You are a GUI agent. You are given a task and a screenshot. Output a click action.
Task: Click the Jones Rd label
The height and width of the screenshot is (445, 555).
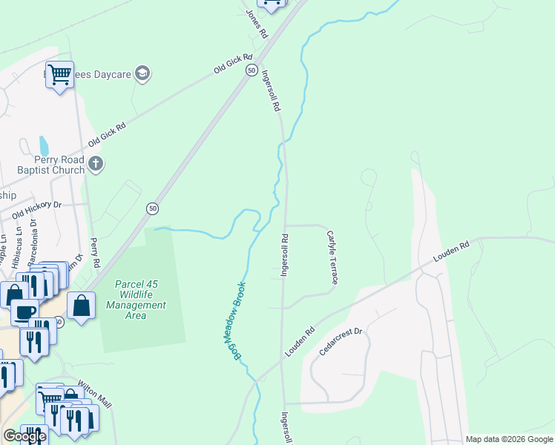coord(257,24)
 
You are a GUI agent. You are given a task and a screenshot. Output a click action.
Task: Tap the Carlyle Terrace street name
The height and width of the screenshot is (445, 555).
coord(332,257)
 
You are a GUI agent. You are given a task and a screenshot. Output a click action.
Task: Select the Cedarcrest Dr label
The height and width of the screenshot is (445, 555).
coord(340,342)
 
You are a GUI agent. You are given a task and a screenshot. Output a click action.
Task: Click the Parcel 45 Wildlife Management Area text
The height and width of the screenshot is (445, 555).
coord(136,300)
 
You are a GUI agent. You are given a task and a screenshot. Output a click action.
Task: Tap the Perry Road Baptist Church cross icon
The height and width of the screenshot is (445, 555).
coord(94,163)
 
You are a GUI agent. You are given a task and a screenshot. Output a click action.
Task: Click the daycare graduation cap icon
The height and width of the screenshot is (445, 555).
coord(143,73)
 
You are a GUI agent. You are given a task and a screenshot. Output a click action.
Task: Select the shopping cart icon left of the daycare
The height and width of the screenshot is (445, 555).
coord(59,74)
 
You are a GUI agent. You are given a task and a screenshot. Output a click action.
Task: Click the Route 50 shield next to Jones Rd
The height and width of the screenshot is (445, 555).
coord(252,70)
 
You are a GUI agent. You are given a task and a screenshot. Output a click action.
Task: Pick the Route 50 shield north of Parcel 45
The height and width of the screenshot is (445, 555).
coord(151,208)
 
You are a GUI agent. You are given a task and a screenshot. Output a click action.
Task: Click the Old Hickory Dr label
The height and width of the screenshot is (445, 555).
coord(36,211)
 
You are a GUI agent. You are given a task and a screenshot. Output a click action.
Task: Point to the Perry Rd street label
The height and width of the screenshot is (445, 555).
coord(94,253)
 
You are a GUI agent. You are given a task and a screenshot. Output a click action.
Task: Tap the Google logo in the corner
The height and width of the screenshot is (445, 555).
coord(24,436)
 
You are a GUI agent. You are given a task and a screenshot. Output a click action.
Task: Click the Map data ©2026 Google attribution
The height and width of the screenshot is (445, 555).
coord(509,439)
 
